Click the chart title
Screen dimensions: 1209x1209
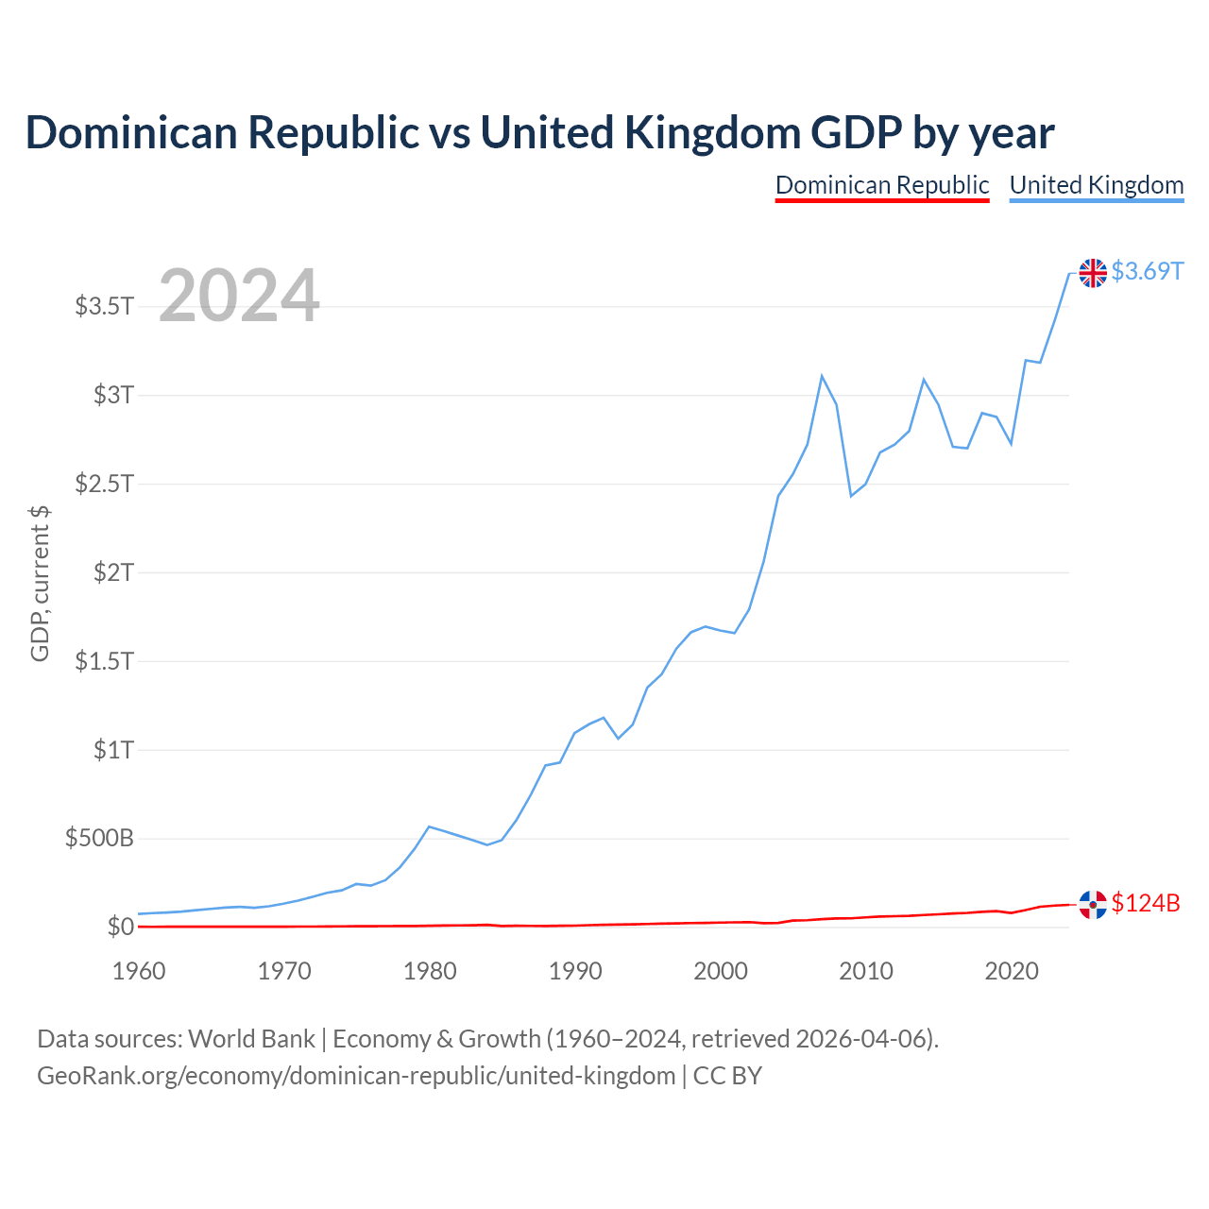(x=539, y=133)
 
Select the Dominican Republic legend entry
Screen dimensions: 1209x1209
(x=881, y=186)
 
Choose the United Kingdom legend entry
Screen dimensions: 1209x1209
(x=1096, y=186)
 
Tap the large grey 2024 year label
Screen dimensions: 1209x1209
(x=238, y=295)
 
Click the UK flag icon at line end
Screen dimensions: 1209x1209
(x=1092, y=273)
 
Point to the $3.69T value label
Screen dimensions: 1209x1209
(x=1147, y=272)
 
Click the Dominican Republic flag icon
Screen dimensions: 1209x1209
(x=1092, y=904)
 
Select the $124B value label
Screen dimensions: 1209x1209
(x=1145, y=903)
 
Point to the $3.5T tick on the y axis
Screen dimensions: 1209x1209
(x=104, y=307)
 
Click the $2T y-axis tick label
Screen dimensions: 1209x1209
(x=113, y=572)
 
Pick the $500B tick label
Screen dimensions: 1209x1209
(x=99, y=838)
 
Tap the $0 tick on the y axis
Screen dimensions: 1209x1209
(x=121, y=927)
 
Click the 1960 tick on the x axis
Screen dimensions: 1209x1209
(x=138, y=971)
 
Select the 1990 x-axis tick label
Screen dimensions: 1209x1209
(x=574, y=971)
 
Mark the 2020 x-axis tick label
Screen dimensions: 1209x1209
(x=1012, y=971)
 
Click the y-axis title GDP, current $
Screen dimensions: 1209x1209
(x=40, y=584)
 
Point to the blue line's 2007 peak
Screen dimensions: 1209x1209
(x=821, y=377)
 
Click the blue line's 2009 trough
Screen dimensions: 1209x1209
(x=851, y=496)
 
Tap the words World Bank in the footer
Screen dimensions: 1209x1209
(x=251, y=1039)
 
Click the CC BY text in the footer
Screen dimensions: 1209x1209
(x=727, y=1076)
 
